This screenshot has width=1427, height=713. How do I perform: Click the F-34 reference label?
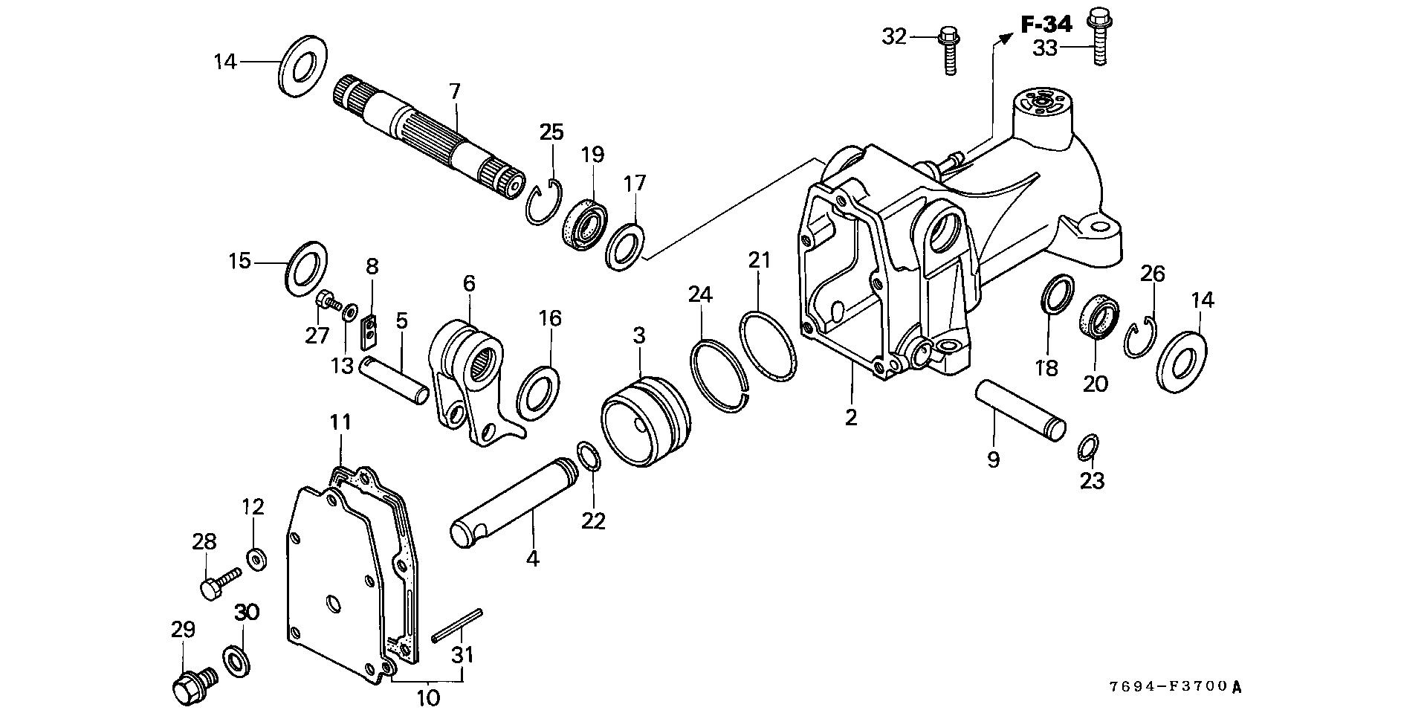(x=1046, y=25)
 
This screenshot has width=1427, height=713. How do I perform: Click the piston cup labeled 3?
(x=645, y=420)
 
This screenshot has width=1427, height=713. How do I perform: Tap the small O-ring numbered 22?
(x=587, y=456)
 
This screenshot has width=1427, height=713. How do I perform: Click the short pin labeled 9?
(x=1020, y=410)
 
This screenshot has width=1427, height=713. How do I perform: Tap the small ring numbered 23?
(x=1087, y=448)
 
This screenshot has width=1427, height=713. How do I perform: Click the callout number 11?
(x=340, y=423)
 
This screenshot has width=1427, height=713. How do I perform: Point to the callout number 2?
(x=851, y=417)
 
